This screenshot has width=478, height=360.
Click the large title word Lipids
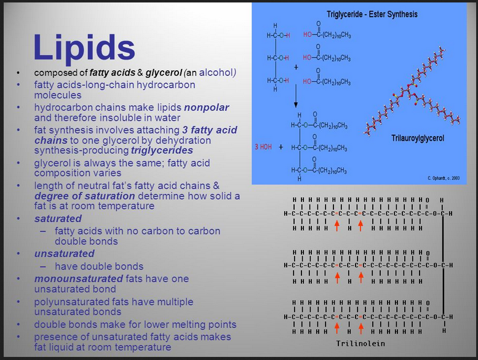[x=84, y=47]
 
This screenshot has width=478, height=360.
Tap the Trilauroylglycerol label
[x=418, y=138]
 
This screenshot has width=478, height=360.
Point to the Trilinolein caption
[x=360, y=343]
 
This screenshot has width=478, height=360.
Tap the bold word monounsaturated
[x=78, y=279]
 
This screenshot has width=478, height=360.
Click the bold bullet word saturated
[x=58, y=218]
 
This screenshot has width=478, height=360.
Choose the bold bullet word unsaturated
[x=65, y=254]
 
